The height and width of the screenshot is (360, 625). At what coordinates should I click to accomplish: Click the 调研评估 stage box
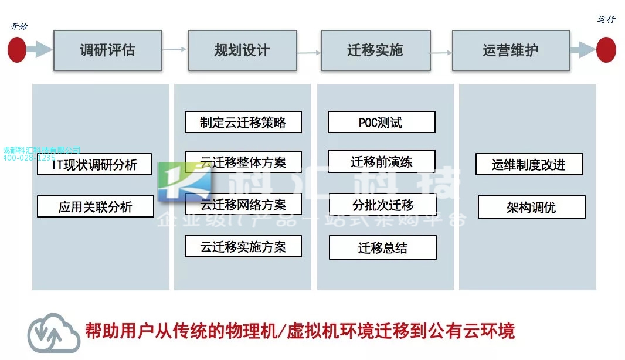tap(107, 50)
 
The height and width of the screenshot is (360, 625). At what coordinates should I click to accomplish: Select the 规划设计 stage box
tap(242, 50)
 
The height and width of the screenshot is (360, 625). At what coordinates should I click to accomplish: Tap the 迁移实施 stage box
tap(375, 50)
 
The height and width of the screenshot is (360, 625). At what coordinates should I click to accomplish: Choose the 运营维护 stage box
tap(511, 50)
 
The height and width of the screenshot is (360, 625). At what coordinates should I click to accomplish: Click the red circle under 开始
tap(17, 50)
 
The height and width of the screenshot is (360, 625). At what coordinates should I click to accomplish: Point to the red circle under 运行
tap(606, 50)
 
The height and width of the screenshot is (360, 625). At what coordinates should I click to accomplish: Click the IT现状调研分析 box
tap(94, 165)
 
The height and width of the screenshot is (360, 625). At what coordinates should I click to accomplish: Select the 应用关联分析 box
tap(96, 206)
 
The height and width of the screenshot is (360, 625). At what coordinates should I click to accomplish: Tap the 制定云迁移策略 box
tap(243, 122)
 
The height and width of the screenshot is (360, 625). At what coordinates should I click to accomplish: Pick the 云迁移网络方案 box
tap(243, 205)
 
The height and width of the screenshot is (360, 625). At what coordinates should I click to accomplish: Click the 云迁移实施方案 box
tap(243, 246)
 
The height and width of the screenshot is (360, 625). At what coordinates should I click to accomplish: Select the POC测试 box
tap(381, 122)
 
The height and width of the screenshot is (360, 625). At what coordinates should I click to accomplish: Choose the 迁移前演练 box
tap(381, 161)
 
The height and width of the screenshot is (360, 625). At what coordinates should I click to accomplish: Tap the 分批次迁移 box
tap(382, 205)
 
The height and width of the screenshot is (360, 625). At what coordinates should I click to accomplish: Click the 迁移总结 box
tap(382, 247)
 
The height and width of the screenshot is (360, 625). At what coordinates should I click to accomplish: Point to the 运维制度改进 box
tap(529, 165)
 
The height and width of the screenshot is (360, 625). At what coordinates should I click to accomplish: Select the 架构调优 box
tap(531, 207)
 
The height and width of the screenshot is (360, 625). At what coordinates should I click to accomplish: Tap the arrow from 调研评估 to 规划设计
tap(175, 50)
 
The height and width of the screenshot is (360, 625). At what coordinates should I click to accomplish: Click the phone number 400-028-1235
tap(29, 158)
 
